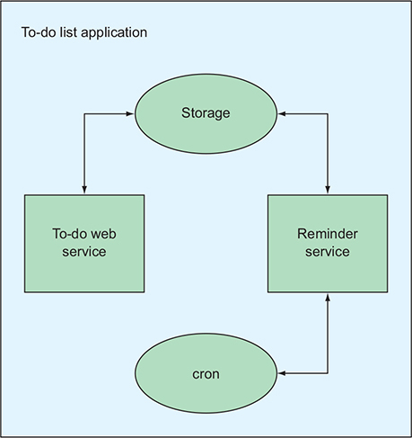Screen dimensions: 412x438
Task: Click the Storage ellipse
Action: pos(206,114)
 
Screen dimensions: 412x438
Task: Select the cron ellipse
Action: pos(206,373)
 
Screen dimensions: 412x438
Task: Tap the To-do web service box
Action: pos(84,244)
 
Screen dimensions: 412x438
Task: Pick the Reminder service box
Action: pos(328,244)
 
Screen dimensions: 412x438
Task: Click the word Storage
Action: pos(206,113)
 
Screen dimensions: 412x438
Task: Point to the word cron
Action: pos(206,374)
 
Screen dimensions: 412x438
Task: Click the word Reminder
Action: pos(328,234)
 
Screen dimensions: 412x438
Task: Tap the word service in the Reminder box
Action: pos(328,252)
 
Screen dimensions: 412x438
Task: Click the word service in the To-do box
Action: pos(84,252)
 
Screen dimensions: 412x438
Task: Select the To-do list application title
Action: pos(84,32)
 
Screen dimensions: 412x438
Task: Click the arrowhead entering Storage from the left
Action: pos(130,113)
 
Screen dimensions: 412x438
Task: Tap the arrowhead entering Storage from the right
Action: pos(282,113)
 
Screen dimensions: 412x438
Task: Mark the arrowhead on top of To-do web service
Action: pos(84,191)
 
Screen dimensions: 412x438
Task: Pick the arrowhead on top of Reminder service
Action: pos(328,191)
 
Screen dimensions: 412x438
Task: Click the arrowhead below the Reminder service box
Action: pos(328,297)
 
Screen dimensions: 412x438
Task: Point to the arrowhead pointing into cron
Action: pos(282,373)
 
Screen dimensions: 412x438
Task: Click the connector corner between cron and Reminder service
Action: pos(328,373)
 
